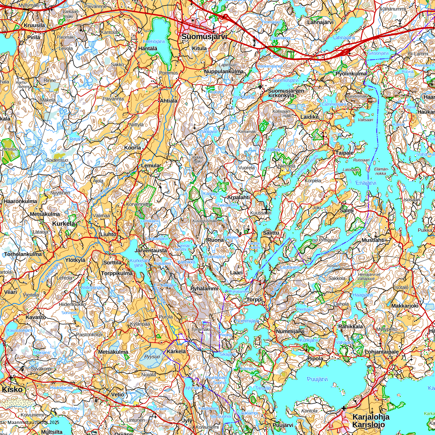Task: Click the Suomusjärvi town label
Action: click(204, 37)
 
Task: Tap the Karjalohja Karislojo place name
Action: click(371, 421)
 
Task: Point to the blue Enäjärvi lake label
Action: click(366, 183)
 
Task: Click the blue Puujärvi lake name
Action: click(317, 379)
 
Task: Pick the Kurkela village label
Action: click(63, 223)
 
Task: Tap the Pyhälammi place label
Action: click(204, 289)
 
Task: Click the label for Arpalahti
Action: click(238, 197)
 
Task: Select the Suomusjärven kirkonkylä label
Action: click(286, 93)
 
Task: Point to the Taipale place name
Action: click(344, 153)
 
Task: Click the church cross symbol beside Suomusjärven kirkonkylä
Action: click(260, 87)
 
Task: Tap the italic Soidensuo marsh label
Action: click(57, 160)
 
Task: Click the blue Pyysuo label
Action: click(152, 357)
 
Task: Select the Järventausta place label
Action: click(151, 251)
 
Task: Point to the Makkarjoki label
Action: click(404, 306)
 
